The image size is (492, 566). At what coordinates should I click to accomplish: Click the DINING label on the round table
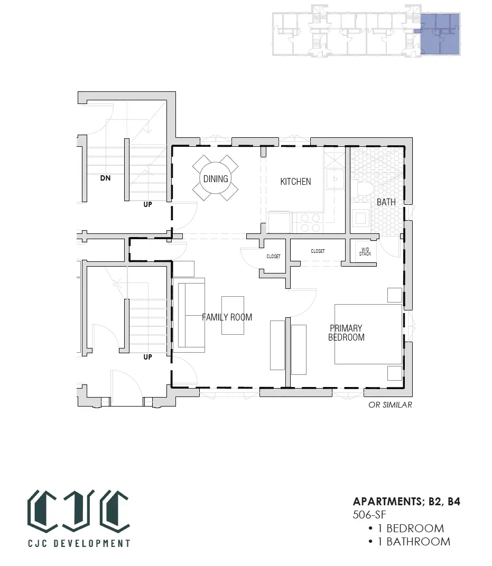pos(216,178)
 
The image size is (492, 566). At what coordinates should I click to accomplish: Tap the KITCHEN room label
pos(295,182)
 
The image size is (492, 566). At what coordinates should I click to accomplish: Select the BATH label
pos(386,202)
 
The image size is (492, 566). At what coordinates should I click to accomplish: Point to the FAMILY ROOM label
pos(227,317)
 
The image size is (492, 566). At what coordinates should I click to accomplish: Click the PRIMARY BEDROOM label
pos(347,333)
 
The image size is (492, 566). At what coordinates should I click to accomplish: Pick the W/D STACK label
pos(365,252)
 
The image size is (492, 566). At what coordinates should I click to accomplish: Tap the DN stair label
pos(106,178)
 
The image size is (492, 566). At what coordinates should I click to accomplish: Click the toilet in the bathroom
pos(363,188)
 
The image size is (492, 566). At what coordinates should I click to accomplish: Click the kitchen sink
pos(335,179)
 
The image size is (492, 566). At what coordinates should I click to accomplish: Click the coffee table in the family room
pos(233,316)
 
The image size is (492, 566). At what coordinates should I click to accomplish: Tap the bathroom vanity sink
pos(361,218)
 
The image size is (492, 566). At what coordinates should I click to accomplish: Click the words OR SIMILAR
pos(390,405)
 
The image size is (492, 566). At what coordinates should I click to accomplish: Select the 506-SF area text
pos(369,515)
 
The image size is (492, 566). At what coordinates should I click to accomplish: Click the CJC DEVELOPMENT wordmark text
pos(79,543)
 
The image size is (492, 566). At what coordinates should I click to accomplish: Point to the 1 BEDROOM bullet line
pos(406,529)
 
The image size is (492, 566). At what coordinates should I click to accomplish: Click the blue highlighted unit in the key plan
pos(441,34)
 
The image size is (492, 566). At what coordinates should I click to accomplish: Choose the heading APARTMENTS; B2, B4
pos(406,502)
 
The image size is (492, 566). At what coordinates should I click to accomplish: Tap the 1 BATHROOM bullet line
pos(409,542)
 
